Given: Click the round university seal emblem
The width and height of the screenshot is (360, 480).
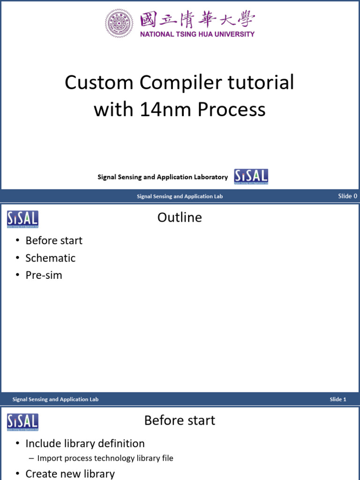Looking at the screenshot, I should (x=120, y=23).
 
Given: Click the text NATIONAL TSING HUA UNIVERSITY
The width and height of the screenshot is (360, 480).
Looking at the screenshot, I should (x=197, y=34).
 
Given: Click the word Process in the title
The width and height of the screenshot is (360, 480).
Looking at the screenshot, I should (x=231, y=110).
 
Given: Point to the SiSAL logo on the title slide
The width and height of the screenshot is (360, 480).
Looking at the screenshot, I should (x=251, y=177).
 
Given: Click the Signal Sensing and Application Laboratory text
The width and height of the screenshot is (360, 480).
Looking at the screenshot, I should (x=163, y=177).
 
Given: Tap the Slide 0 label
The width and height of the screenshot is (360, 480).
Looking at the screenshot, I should (x=347, y=196).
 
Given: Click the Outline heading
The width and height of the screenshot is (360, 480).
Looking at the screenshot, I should (x=180, y=217).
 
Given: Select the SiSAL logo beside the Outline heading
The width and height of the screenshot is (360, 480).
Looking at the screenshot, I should (x=22, y=219).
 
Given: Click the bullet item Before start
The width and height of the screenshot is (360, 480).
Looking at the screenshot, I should (x=54, y=240).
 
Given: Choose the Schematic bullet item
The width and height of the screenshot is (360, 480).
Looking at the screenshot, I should (x=50, y=258).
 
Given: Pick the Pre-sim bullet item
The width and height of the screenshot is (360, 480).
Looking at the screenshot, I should (x=44, y=275).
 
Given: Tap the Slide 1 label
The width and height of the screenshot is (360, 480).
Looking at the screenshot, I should (x=337, y=399).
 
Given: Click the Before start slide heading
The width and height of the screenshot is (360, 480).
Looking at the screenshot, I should (x=180, y=420).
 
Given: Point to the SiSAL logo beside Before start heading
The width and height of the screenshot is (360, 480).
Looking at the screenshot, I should (x=22, y=422).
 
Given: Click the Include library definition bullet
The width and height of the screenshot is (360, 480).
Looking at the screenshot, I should (x=85, y=443).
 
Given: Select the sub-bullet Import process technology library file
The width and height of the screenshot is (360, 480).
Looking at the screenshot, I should (x=105, y=458).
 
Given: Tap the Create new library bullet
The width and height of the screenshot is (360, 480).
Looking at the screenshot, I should (x=70, y=473).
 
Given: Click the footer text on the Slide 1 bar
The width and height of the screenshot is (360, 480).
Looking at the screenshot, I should (x=55, y=399).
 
